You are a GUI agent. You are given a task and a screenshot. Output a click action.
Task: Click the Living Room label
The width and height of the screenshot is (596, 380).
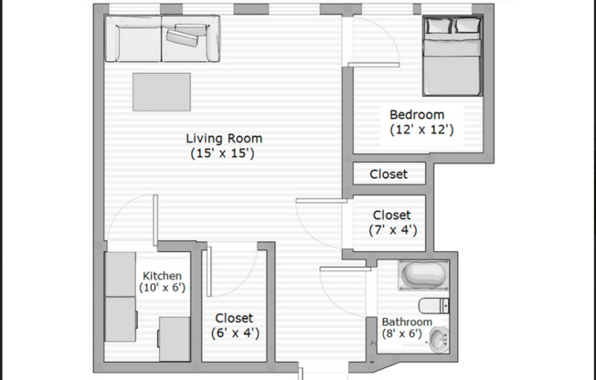click(x=224, y=139)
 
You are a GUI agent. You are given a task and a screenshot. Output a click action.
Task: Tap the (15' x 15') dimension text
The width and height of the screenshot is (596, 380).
click(x=224, y=154)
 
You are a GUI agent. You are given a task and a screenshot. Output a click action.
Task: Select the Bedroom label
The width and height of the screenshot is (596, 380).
click(x=417, y=115)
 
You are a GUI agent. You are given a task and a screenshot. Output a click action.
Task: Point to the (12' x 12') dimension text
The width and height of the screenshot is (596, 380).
click(x=417, y=131)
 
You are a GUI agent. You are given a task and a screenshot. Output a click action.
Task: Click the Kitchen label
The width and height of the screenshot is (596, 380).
click(x=162, y=276)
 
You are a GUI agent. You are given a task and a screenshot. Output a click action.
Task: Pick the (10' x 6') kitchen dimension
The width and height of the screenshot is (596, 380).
click(x=162, y=288)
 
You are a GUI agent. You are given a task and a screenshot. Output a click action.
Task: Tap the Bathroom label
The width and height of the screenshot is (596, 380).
click(x=407, y=322)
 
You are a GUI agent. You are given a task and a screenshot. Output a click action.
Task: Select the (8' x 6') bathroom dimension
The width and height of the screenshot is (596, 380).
click(x=403, y=334)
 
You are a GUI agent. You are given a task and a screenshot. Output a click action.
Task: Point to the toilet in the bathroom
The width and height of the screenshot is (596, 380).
click(x=432, y=306)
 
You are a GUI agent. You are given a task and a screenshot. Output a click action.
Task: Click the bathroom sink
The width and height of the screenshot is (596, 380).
click(x=439, y=341)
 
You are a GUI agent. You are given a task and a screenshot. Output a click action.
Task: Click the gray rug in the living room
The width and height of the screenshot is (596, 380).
click(x=162, y=91)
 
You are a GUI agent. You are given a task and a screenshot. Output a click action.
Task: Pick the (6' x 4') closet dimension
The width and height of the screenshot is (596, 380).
click(x=235, y=333)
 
